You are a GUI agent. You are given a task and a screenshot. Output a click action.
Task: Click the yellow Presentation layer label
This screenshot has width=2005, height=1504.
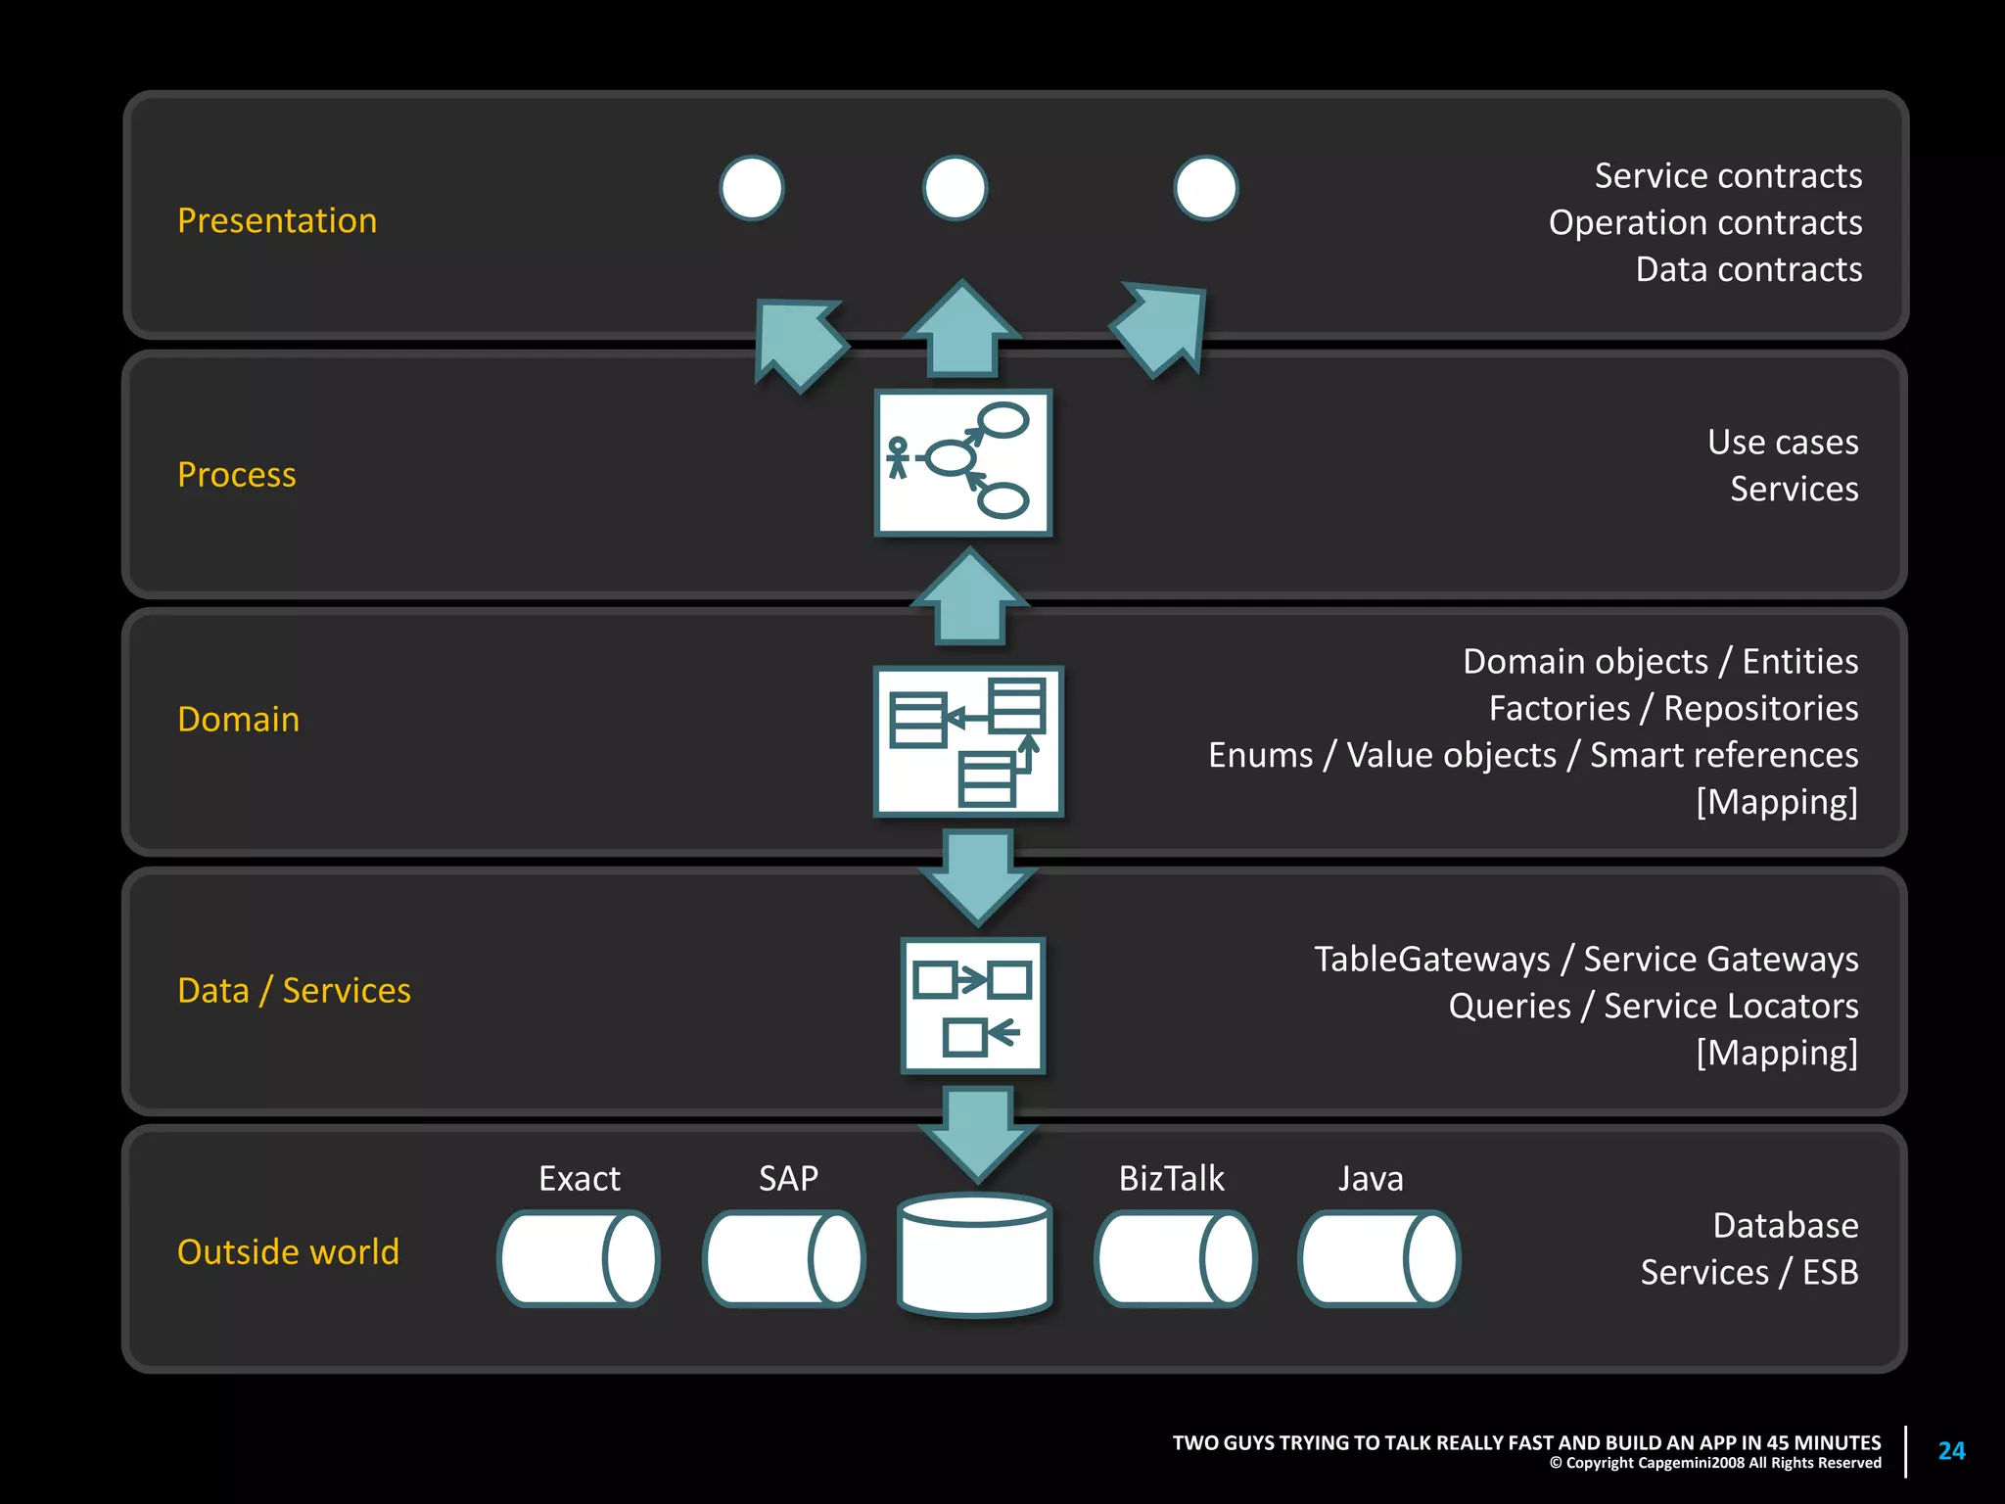click(277, 220)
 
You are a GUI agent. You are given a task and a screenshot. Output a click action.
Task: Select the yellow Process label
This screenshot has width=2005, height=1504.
click(236, 474)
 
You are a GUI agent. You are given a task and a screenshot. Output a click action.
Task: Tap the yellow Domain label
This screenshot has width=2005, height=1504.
click(238, 719)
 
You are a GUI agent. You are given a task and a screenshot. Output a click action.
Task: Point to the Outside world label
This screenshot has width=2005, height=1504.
click(288, 1251)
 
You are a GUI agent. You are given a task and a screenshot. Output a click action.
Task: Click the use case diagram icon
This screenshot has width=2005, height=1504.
click(962, 463)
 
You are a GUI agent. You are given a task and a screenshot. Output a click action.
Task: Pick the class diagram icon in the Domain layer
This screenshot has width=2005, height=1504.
click(967, 741)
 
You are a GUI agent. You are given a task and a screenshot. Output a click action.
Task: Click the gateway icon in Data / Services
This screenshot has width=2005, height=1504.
click(972, 1006)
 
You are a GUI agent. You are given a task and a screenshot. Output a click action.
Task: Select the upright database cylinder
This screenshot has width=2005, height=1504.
click(974, 1256)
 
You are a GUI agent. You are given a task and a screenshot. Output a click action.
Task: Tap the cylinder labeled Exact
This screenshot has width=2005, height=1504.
click(578, 1259)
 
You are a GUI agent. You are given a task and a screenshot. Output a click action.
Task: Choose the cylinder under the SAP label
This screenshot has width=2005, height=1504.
click(783, 1259)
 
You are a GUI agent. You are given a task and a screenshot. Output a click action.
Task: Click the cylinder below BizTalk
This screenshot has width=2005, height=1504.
click(1175, 1259)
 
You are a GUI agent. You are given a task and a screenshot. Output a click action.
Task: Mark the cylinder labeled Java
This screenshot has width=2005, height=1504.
click(1378, 1259)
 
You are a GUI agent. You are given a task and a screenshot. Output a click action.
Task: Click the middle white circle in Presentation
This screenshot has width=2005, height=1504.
click(955, 188)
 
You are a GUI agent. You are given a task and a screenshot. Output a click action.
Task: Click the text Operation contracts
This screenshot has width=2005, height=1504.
click(1704, 222)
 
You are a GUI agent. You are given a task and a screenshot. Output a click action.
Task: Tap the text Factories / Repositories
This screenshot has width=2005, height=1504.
click(1672, 708)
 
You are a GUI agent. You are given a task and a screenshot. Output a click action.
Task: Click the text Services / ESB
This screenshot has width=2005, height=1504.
click(1749, 1272)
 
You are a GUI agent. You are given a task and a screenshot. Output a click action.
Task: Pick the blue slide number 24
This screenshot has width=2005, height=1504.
click(1951, 1450)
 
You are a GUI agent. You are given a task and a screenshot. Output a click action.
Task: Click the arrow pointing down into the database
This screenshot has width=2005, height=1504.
click(977, 1134)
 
